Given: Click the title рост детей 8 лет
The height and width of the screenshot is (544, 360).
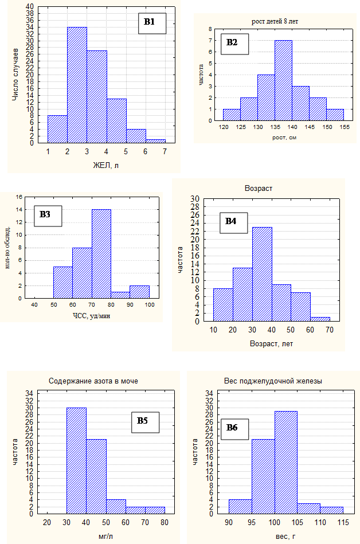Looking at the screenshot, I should coord(275,22).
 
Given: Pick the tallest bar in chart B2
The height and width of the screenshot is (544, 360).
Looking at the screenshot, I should coord(283,80).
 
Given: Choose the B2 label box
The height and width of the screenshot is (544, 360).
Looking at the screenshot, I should coord(232,42).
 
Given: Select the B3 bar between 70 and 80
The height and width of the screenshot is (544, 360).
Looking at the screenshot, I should coord(101,254).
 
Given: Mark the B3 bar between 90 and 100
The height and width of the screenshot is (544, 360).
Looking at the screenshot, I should coord(139,292).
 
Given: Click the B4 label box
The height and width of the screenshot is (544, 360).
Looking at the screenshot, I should coord(231,221).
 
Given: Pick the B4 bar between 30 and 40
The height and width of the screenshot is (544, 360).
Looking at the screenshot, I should coord(262,274).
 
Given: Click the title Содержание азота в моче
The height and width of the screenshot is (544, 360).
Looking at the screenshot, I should coord(93,381).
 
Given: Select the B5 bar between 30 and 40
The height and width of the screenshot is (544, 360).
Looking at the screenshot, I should coord(76,461).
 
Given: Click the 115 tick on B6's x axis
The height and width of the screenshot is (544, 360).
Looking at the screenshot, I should coord(343,523).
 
